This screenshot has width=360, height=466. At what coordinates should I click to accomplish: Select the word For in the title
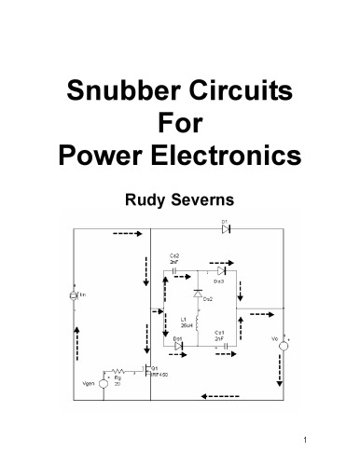pos(180,124)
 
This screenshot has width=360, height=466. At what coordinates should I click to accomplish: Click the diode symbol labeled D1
pos(226,228)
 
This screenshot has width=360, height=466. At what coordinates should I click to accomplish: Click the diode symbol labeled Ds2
pos(198,293)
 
